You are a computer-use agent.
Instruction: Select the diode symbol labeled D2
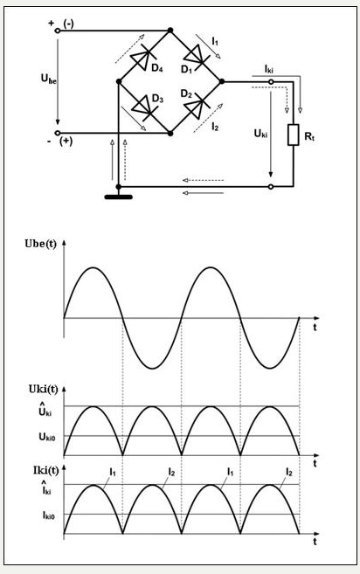click(x=197, y=107)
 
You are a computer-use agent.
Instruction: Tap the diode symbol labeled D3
click(x=144, y=107)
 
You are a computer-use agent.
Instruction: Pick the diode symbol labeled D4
click(x=143, y=57)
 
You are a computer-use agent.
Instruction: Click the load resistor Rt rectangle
click(x=293, y=135)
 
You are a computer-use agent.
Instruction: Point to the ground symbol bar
click(x=118, y=197)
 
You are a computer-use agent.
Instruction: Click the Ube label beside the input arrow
click(x=48, y=79)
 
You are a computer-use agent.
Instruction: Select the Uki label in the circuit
click(x=260, y=134)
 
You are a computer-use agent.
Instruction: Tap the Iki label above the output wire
click(x=268, y=69)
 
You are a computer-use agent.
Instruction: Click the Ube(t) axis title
click(x=41, y=244)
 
